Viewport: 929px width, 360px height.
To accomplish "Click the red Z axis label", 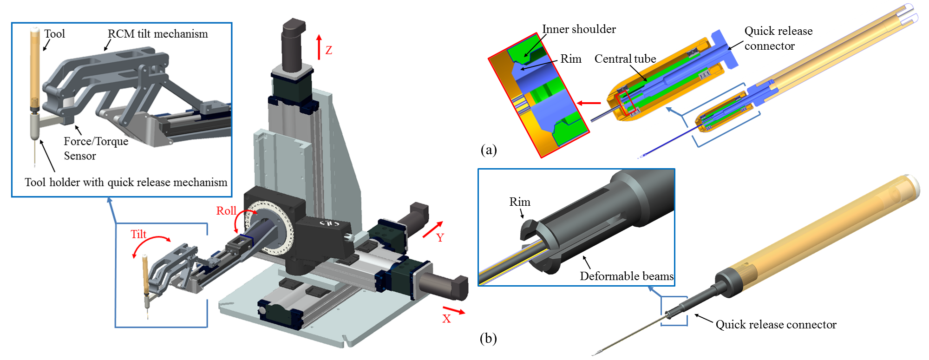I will click(x=329, y=50).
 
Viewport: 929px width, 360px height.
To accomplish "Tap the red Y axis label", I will click(x=440, y=238).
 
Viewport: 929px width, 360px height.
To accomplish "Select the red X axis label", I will click(x=446, y=319).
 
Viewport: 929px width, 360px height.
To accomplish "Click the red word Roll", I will click(x=226, y=211).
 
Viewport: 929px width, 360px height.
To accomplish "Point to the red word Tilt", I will click(x=138, y=234).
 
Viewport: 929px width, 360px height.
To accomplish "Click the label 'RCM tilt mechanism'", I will click(x=158, y=34).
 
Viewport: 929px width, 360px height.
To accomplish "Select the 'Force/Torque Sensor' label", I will click(x=96, y=148).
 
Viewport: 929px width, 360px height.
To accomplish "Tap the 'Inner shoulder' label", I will click(x=579, y=29).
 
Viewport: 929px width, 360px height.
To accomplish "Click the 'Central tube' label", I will click(x=625, y=59).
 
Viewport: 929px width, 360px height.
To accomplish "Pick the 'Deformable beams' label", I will click(x=627, y=276).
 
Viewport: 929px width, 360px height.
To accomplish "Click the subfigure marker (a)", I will click(x=489, y=150).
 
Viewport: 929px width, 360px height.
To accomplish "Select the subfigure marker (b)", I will click(x=488, y=338).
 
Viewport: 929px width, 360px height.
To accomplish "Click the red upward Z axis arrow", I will click(x=319, y=47).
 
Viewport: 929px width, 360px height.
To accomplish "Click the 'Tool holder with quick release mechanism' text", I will click(x=126, y=182).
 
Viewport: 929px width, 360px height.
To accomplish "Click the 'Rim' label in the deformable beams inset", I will click(x=520, y=202).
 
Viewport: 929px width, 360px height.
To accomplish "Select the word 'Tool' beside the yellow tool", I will click(x=55, y=34).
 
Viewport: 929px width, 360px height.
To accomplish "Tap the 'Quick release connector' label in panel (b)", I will click(x=776, y=325).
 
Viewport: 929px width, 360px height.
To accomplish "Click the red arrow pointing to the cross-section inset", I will click(x=589, y=103).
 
